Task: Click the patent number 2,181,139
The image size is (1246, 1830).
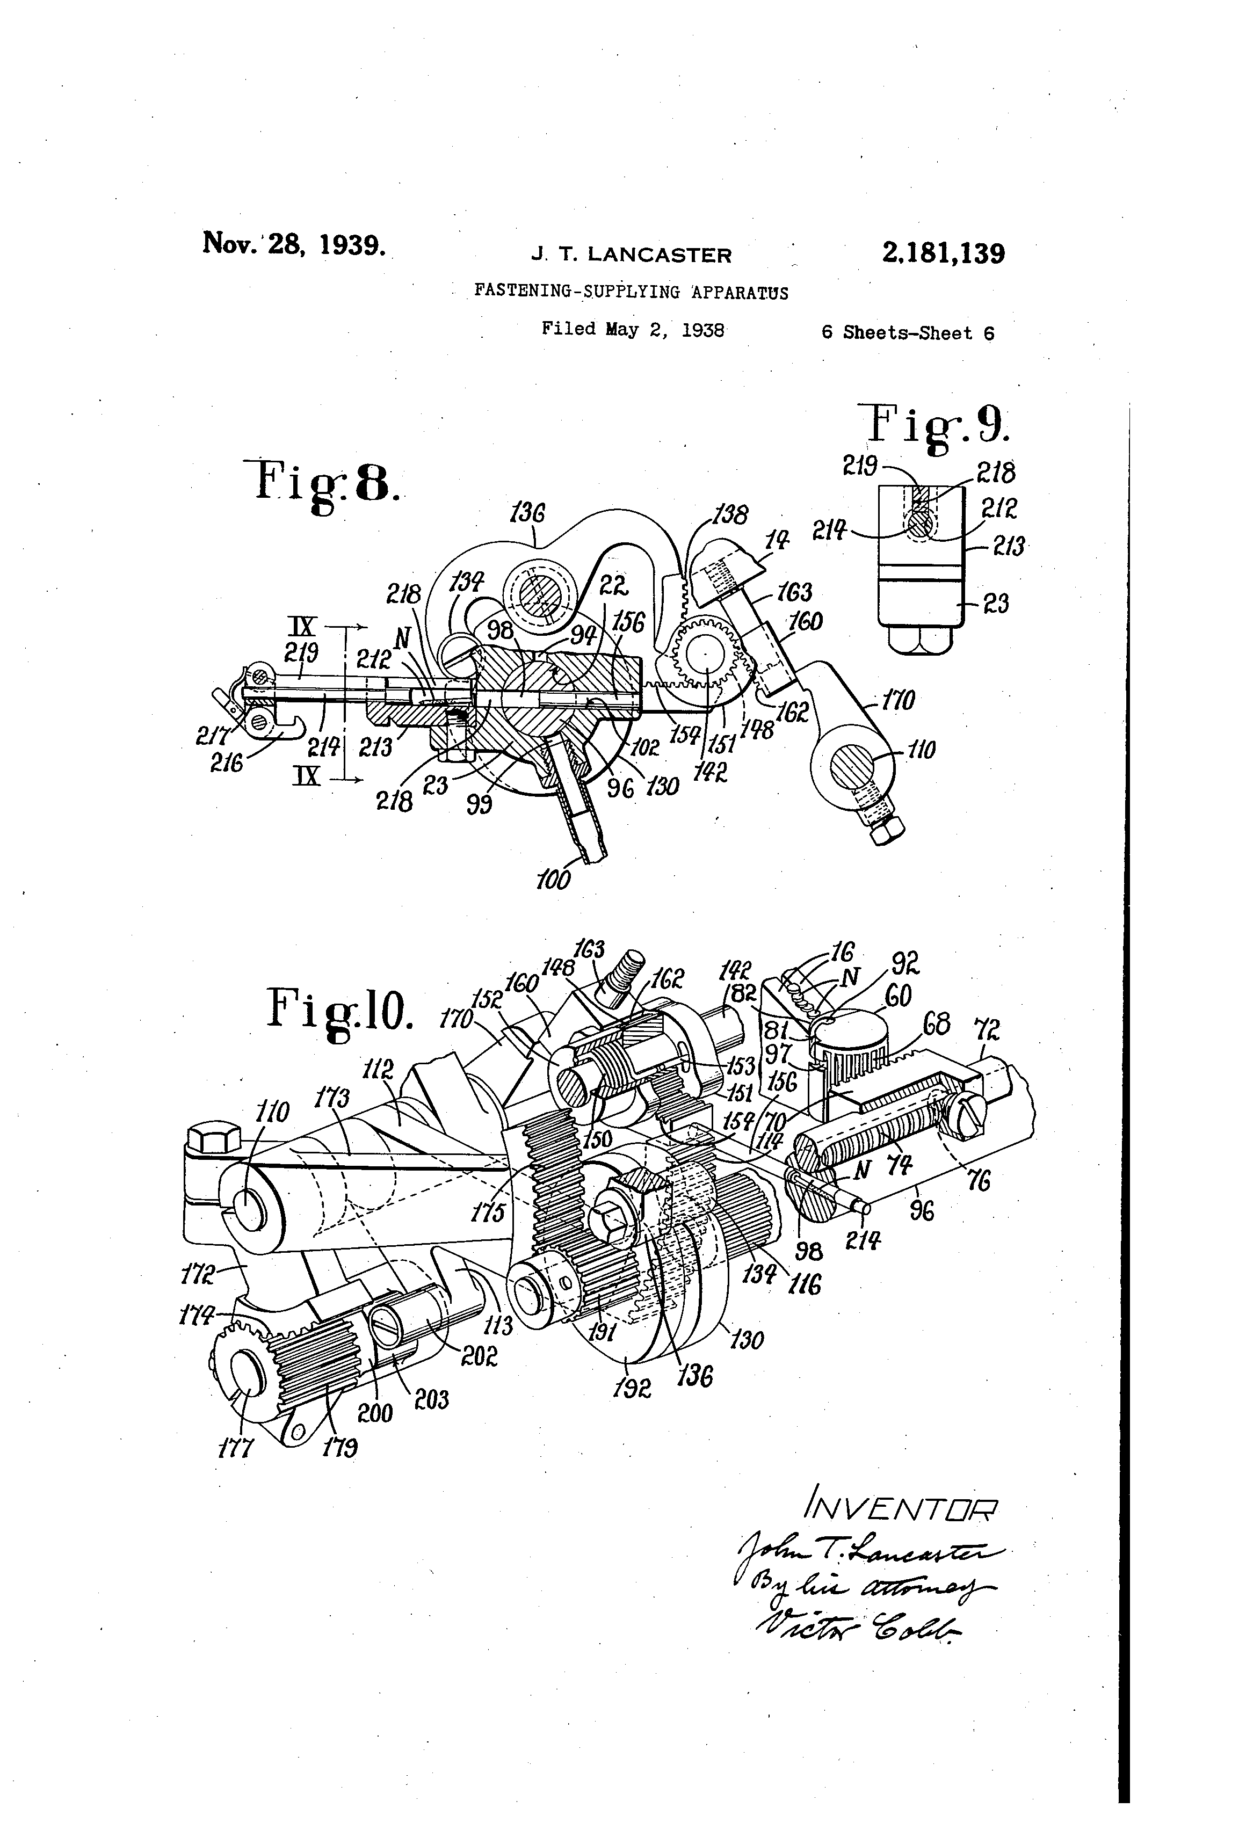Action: point(943,253)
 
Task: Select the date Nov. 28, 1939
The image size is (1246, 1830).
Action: point(294,243)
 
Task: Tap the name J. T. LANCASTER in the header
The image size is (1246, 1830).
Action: point(631,255)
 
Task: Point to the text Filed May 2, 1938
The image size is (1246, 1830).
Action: point(633,329)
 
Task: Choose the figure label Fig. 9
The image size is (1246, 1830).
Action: point(937,426)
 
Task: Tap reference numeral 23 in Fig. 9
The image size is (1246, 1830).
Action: point(996,604)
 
